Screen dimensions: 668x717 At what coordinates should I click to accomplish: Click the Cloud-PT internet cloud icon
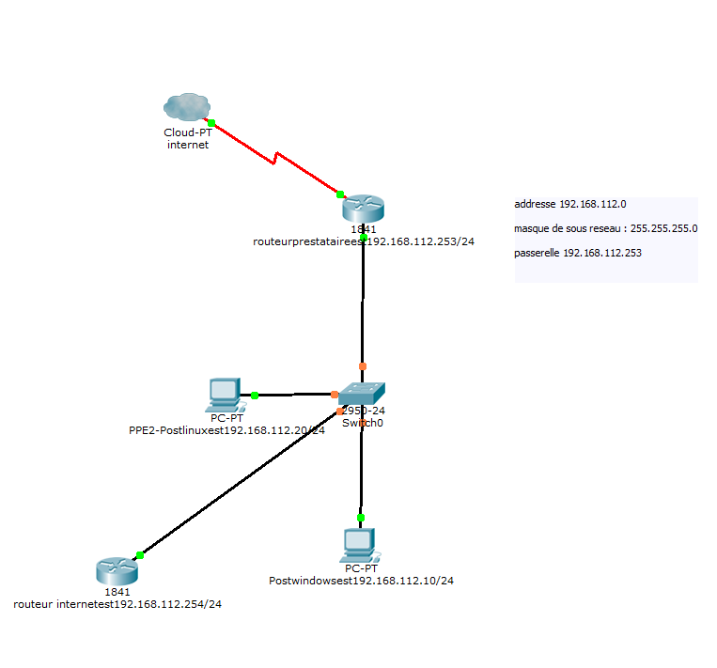pyautogui.click(x=185, y=107)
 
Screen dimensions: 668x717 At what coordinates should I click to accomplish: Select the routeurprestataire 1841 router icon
pyautogui.click(x=364, y=209)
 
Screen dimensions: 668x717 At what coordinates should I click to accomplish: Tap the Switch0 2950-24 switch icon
pyautogui.click(x=362, y=394)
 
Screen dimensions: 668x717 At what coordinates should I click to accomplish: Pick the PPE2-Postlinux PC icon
pyautogui.click(x=226, y=396)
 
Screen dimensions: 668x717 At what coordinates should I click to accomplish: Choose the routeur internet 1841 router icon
pyautogui.click(x=117, y=570)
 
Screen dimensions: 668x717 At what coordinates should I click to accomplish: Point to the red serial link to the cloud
pyautogui.click(x=274, y=159)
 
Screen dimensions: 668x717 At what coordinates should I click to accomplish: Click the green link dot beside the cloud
pyautogui.click(x=212, y=123)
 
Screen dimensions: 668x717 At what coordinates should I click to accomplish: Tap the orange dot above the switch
pyautogui.click(x=363, y=366)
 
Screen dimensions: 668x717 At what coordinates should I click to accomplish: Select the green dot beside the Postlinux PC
pyautogui.click(x=255, y=396)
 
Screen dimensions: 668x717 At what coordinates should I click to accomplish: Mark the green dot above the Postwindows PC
pyautogui.click(x=360, y=518)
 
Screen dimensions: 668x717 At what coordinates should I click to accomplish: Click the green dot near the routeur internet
pyautogui.click(x=140, y=555)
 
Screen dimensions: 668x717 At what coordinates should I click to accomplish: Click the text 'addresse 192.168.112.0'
pyautogui.click(x=570, y=204)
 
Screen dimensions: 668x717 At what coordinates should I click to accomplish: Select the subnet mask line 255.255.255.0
pyautogui.click(x=606, y=228)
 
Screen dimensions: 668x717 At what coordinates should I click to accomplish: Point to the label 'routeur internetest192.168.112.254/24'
pyautogui.click(x=117, y=604)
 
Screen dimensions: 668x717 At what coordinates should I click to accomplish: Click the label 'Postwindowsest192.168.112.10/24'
pyautogui.click(x=361, y=581)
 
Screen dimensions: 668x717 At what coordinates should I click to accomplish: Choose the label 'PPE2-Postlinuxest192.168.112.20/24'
pyautogui.click(x=226, y=430)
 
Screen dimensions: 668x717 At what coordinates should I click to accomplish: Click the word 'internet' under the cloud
pyautogui.click(x=187, y=145)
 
